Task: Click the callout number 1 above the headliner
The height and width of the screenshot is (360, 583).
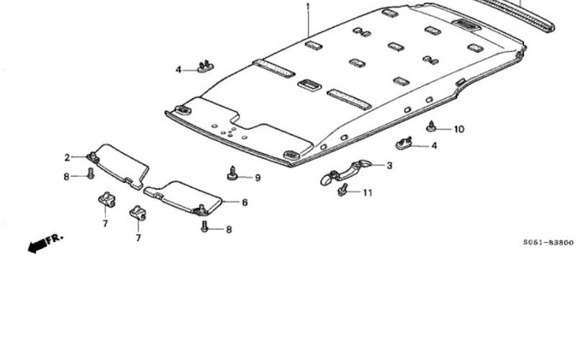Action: (307, 6)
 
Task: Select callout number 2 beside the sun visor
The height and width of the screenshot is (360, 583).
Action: (67, 158)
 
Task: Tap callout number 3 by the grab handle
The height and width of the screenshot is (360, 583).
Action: (389, 165)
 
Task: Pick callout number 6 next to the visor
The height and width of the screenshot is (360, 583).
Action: (245, 202)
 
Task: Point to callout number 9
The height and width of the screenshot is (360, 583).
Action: (258, 178)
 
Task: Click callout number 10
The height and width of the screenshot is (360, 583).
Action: (459, 129)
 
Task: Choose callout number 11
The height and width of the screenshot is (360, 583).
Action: (367, 193)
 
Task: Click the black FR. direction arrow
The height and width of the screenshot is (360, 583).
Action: (37, 246)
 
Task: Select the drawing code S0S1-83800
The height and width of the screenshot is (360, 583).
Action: (548, 243)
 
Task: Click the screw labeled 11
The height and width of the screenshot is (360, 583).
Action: (343, 190)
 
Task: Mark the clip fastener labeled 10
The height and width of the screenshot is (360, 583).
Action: (431, 127)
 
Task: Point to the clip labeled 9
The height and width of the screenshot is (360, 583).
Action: (232, 174)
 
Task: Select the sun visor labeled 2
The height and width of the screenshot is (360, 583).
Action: (118, 165)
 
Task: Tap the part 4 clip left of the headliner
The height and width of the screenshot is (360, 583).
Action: (205, 66)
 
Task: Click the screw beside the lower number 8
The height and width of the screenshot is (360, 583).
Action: (204, 227)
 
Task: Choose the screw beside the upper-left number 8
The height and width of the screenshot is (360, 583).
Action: (91, 174)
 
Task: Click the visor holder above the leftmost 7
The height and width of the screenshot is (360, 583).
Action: (107, 199)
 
